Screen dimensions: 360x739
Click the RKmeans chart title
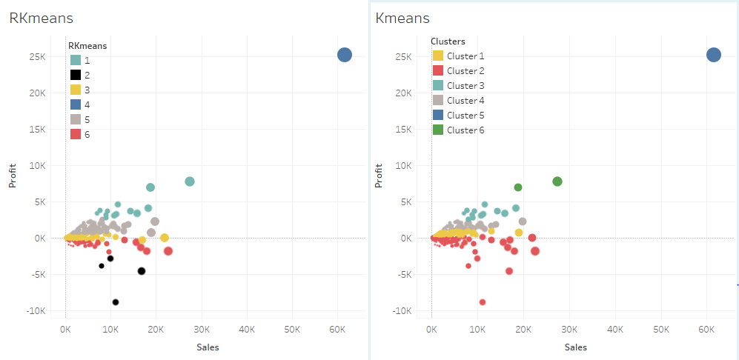[41, 19]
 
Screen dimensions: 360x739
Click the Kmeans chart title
[402, 19]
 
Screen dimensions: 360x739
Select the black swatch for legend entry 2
[76, 75]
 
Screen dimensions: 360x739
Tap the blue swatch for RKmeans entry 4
[76, 104]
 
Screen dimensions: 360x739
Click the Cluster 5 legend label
[465, 116]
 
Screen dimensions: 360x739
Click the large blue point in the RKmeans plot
[345, 55]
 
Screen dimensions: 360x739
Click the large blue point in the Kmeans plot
[713, 55]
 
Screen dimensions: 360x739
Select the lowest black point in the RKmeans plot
[116, 302]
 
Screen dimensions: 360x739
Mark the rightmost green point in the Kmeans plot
[557, 181]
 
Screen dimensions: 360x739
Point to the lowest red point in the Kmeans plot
[483, 302]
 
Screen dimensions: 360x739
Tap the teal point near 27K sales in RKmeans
[190, 181]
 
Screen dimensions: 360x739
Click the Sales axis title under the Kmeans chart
[575, 347]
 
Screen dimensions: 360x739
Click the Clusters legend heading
[448, 41]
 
